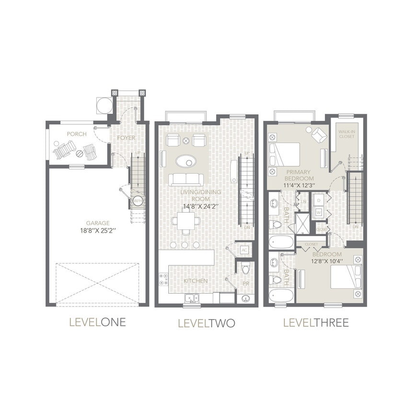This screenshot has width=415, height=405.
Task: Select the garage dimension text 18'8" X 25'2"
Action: click(98, 230)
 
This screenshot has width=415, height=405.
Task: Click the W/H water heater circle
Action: click(137, 201)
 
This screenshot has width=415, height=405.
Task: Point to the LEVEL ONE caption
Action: click(98, 322)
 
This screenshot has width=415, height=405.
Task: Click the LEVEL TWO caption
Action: click(207, 323)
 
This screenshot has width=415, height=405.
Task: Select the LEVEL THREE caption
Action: click(316, 322)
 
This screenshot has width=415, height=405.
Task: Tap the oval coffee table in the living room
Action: click(185, 161)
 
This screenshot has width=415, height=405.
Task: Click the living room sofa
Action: click(185, 179)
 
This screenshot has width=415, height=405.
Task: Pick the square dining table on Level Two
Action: click(185, 222)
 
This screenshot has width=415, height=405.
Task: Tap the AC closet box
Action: click(244, 250)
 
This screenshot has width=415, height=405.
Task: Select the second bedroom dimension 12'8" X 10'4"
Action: click(327, 261)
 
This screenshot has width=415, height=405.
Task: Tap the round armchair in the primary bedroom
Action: click(318, 135)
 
